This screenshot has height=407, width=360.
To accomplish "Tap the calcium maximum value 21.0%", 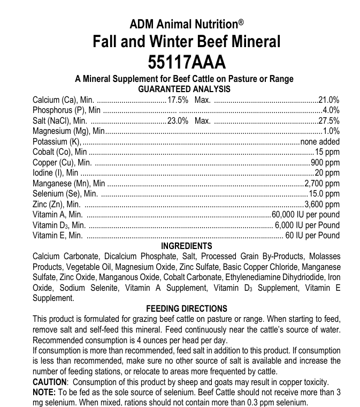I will point(329,100).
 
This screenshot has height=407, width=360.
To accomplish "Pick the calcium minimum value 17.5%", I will point(178,100).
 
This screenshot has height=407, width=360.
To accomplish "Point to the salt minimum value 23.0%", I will point(178,120).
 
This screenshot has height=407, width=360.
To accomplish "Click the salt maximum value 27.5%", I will point(329,120).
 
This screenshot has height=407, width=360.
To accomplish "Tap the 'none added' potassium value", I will point(320,142).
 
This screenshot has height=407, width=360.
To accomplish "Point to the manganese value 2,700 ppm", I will point(322,183).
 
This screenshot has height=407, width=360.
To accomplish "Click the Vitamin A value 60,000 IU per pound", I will point(306,214).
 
